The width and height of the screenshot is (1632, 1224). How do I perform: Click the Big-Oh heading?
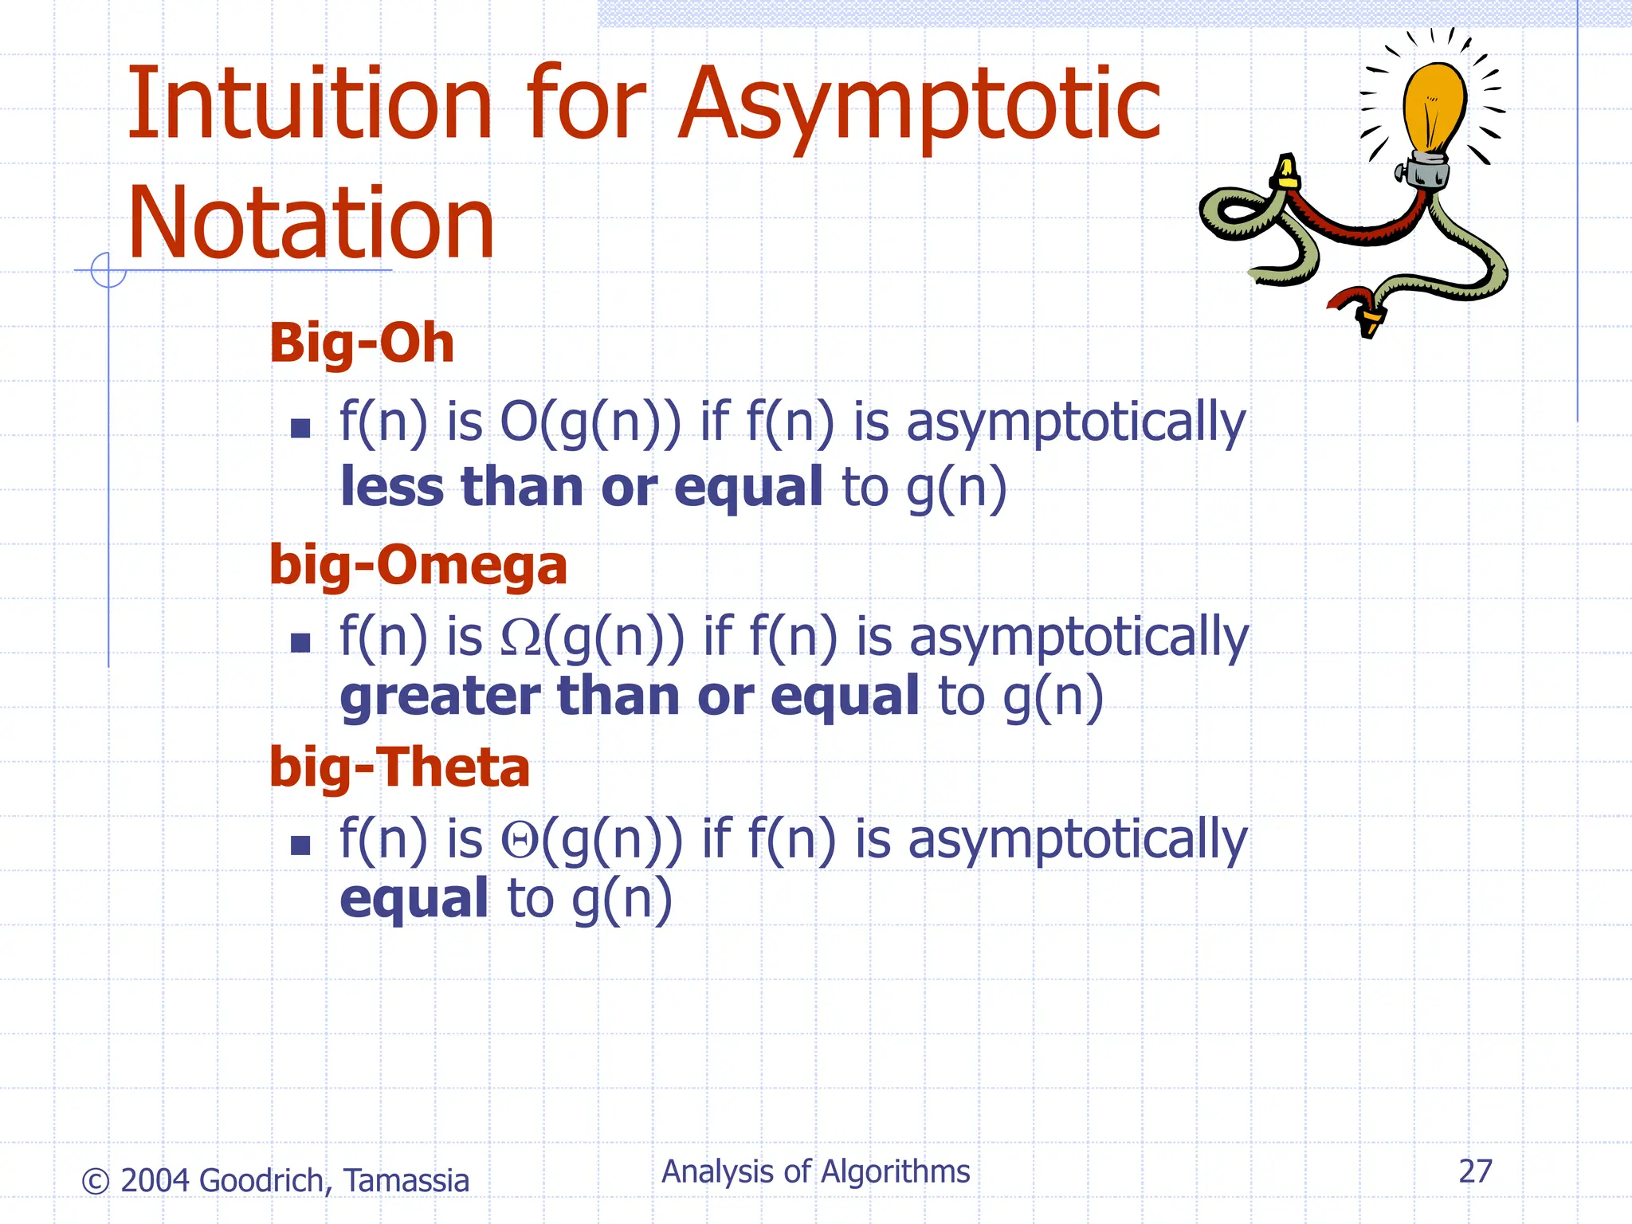362,343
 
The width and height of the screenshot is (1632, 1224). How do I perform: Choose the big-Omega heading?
418,566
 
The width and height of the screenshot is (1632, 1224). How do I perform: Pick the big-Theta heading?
399,768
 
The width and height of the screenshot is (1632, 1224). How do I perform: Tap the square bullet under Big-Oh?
300,429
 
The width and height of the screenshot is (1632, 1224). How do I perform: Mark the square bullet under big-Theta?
300,845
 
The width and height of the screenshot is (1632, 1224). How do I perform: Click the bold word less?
391,488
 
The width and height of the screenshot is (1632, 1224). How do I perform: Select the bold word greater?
439,696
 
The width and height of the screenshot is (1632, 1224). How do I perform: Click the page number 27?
1475,1171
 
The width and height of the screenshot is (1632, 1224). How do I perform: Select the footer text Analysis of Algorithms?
816,1171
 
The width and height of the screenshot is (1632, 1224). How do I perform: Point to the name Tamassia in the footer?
406,1181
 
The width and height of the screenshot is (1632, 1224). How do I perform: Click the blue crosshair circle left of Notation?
108,270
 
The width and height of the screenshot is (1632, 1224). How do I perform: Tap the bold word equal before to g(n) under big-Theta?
413,899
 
